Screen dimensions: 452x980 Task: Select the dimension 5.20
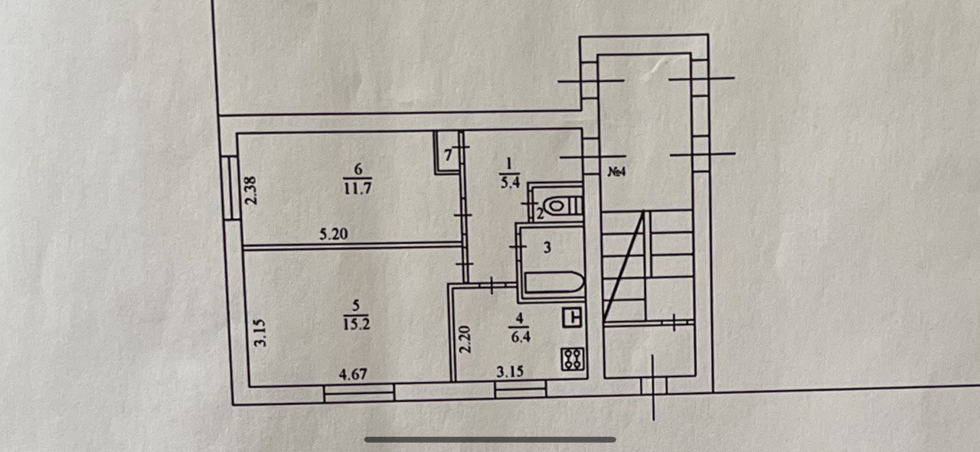pos(334,235)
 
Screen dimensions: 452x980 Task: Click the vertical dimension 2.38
pos(250,190)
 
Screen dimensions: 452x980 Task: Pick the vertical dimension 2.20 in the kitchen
pos(465,339)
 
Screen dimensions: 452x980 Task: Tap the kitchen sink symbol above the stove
pos(573,317)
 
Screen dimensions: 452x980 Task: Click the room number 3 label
pos(547,248)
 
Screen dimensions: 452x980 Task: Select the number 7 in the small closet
pos(449,155)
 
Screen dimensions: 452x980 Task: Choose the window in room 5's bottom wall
pos(358,392)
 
